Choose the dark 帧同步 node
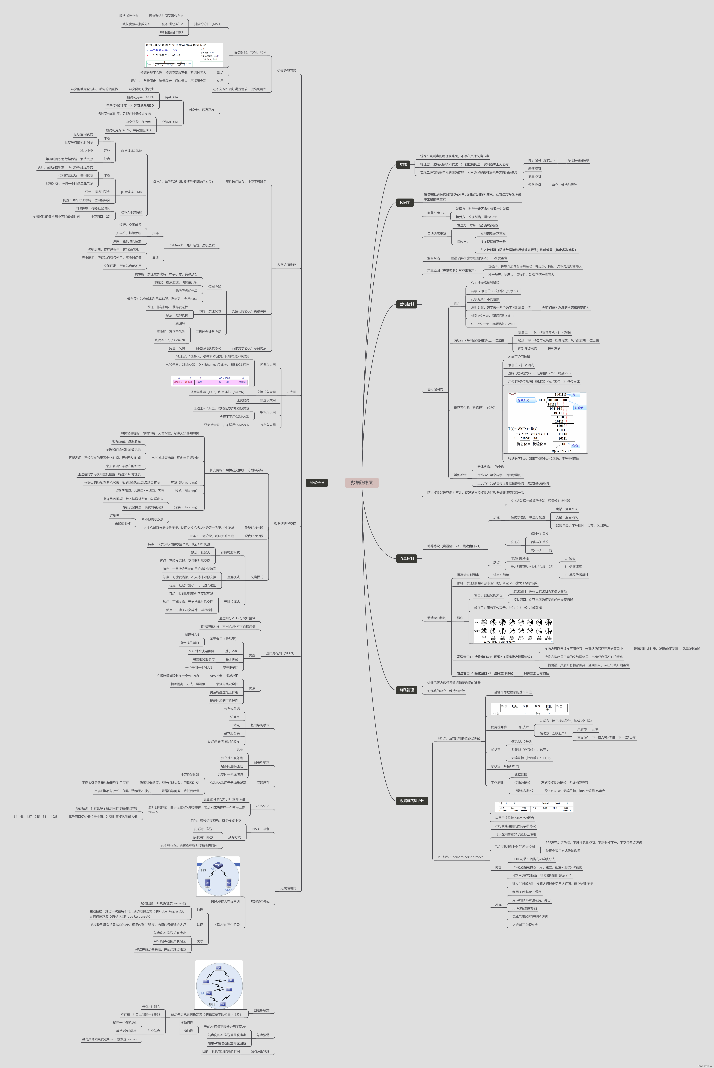[x=405, y=202]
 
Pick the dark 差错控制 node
[x=407, y=304]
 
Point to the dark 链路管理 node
[x=407, y=690]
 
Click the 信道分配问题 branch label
[x=286, y=71]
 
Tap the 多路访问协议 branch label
[x=286, y=265]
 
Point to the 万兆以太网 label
[x=268, y=425]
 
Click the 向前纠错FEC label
[x=436, y=213]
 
